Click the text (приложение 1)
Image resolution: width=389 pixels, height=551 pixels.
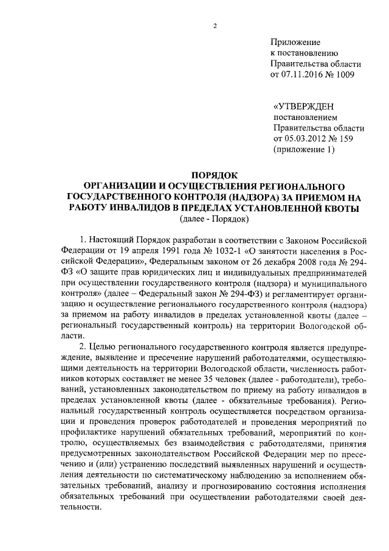coord(304,149)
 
